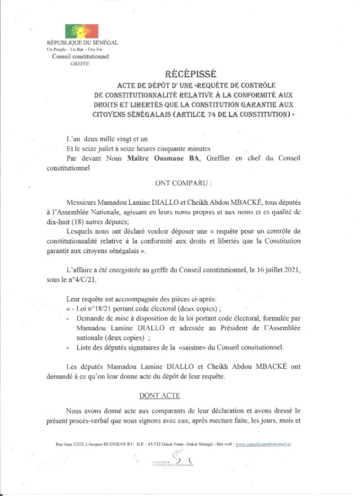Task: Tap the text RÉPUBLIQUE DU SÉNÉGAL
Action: [82, 43]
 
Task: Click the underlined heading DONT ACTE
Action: [159, 396]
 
